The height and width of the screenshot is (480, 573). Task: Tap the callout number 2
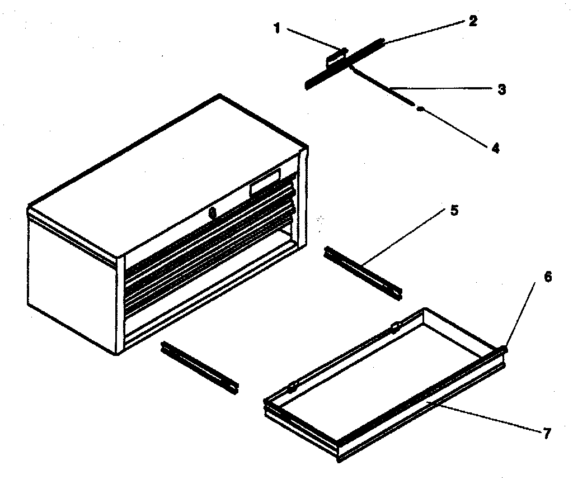pyautogui.click(x=473, y=22)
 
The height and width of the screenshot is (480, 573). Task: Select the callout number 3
pyautogui.click(x=502, y=89)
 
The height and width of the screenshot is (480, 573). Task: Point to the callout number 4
pyautogui.click(x=495, y=148)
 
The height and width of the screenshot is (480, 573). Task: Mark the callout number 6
pyautogui.click(x=548, y=277)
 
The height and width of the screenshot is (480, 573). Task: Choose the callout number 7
pyautogui.click(x=547, y=433)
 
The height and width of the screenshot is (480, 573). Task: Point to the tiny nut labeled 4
pyautogui.click(x=420, y=110)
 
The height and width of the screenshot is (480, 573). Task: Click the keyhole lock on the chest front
pyautogui.click(x=212, y=213)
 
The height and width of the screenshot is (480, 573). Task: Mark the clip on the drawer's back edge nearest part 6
pyautogui.click(x=395, y=326)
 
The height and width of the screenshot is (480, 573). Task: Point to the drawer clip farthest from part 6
pyautogui.click(x=291, y=387)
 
